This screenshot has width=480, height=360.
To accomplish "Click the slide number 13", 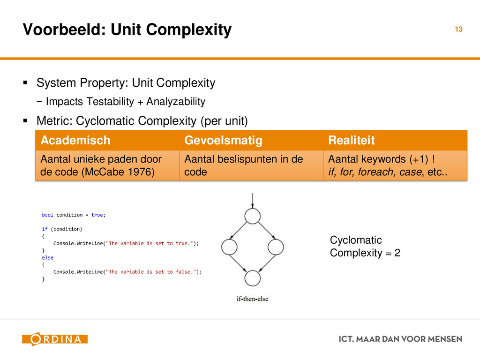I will [458, 30].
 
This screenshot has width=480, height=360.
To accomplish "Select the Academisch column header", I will [75, 140].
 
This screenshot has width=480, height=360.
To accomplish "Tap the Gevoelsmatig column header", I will [223, 140].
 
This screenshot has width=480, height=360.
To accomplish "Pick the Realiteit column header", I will [352, 140].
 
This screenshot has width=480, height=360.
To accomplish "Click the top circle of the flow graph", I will [252, 216].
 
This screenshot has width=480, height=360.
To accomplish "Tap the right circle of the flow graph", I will [276, 247].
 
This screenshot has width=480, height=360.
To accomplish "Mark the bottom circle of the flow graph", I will [252, 278].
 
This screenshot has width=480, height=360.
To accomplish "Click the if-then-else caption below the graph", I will [252, 299].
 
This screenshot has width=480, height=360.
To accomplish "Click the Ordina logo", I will [54, 339].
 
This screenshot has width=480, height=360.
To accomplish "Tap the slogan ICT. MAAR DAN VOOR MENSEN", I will [400, 339].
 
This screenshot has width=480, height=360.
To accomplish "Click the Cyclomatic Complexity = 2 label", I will [365, 247].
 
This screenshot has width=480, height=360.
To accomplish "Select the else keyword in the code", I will [47, 257].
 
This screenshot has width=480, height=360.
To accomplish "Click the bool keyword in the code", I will [47, 215].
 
